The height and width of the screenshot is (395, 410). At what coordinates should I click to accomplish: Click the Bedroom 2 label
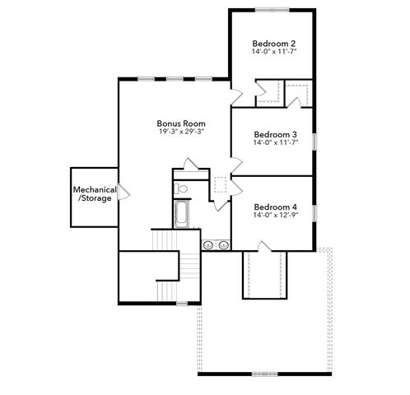(274, 44)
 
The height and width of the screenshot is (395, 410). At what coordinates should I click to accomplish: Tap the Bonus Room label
(181, 123)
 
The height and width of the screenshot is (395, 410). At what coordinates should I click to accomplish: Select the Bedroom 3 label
(275, 135)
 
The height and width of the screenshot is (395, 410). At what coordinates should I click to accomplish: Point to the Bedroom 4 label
(275, 207)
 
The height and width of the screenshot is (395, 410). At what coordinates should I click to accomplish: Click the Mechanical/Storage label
(95, 194)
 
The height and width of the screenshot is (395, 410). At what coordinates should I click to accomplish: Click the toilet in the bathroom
(180, 188)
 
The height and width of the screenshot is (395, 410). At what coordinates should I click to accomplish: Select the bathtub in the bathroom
(182, 215)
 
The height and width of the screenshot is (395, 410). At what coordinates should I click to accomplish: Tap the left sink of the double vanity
(208, 244)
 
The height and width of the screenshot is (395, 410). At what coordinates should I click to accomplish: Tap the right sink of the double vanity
(224, 244)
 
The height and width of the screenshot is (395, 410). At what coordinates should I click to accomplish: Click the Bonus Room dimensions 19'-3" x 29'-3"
(181, 132)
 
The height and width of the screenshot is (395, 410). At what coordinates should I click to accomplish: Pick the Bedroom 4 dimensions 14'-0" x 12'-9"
(276, 215)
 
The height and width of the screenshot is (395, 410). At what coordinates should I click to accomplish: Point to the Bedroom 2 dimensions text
(274, 51)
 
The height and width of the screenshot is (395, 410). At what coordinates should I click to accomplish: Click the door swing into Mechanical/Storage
(123, 192)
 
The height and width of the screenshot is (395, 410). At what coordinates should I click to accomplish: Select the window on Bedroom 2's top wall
(272, 10)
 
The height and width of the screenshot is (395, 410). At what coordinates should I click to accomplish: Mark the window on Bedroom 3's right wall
(314, 142)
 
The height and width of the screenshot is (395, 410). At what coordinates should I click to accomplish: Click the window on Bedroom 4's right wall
(314, 213)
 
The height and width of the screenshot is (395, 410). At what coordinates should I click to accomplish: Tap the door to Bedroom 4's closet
(264, 246)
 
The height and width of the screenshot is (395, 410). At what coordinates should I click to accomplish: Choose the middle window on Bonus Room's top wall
(175, 79)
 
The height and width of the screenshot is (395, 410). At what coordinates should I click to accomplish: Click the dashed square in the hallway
(221, 184)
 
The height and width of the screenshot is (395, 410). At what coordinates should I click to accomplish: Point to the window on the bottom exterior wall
(264, 374)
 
